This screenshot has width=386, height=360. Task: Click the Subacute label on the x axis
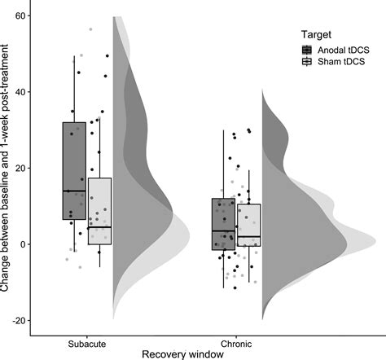click(x=86, y=344)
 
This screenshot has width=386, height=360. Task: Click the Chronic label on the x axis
click(x=236, y=344)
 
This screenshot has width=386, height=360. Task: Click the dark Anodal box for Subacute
click(x=73, y=163)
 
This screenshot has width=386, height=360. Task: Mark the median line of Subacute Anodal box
click(x=73, y=191)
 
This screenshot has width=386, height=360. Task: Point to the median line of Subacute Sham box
click(x=99, y=226)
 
